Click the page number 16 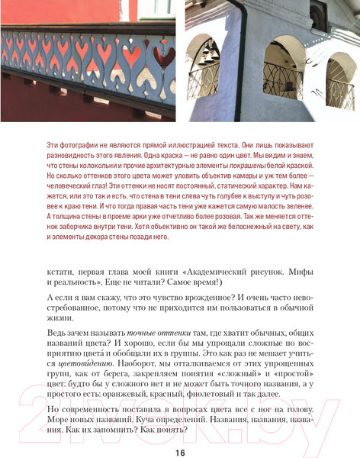click(180, 453)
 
